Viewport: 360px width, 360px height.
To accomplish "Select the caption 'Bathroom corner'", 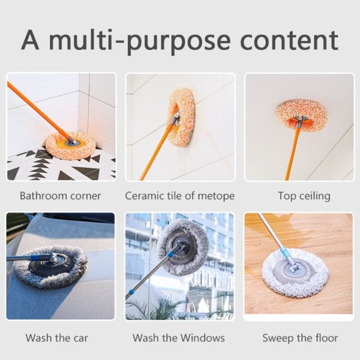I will coord(60,196).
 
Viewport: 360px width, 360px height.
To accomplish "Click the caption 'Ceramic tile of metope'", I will coord(179,196).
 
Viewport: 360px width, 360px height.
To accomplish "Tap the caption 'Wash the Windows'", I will coord(179,338).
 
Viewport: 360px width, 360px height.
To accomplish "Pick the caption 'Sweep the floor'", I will coord(300,338).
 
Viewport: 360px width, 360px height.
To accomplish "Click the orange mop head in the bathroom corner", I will coord(71,145).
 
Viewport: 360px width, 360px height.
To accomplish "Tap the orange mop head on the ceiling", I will coord(301,114).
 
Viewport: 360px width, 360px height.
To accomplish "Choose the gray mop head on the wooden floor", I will coord(295,273).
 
